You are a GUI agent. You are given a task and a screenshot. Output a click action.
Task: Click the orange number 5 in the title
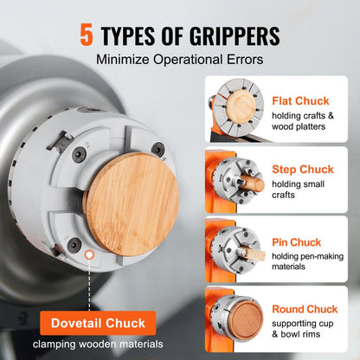[86, 35]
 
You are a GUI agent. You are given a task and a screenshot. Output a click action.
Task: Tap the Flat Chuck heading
[299, 100]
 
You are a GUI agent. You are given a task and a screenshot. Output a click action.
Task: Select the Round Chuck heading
[305, 309]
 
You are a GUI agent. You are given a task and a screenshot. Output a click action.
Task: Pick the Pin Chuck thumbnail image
[236, 251]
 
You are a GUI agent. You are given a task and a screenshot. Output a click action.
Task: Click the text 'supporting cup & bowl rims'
[307, 330]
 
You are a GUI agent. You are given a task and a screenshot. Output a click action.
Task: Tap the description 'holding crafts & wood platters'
[309, 122]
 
